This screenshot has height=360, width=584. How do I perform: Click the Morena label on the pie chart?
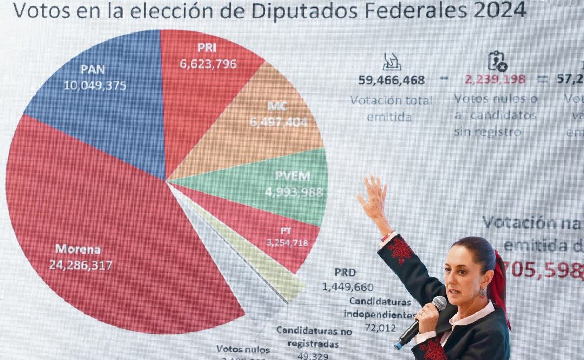[x=78, y=249]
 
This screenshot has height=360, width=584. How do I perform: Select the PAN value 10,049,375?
[x=95, y=85]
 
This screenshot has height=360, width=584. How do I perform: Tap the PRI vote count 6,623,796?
[x=208, y=64]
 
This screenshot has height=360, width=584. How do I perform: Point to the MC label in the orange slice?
[x=278, y=106]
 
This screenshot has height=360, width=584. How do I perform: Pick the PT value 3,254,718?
[x=287, y=243]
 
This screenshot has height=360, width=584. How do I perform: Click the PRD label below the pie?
[x=345, y=272]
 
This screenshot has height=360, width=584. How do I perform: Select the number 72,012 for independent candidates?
[x=380, y=328]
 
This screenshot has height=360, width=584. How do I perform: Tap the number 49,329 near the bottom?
[x=313, y=355]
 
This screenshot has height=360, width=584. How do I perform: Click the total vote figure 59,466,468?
[x=392, y=80]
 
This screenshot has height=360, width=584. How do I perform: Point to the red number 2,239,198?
[x=495, y=79]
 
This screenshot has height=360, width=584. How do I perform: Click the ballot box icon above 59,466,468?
[x=392, y=62]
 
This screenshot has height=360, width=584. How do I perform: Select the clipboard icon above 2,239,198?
[x=497, y=61]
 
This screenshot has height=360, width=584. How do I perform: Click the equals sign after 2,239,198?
[x=542, y=79]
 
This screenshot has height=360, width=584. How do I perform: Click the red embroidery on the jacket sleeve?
[x=401, y=250]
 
